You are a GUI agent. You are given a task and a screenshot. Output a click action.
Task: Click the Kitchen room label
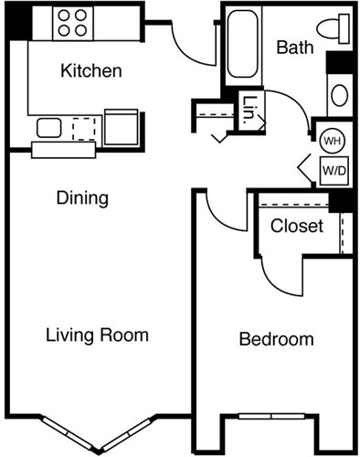90,70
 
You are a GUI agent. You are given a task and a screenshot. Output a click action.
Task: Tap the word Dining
82,197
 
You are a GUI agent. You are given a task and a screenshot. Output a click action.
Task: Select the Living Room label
97,335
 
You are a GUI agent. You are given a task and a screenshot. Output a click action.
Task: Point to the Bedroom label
276,340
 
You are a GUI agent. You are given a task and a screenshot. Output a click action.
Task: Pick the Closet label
297,225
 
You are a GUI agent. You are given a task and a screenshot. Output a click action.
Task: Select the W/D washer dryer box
332,169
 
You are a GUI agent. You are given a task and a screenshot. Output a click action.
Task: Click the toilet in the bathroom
335,27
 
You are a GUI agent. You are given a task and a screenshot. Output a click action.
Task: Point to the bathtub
243,43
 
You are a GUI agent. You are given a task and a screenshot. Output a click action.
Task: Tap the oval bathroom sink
338,95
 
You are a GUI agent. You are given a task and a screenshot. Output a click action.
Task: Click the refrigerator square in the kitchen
121,127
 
